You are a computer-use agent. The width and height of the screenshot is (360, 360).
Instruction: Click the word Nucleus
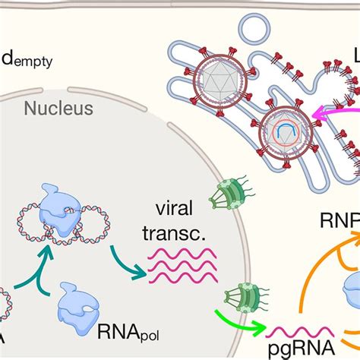pos(58,109)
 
